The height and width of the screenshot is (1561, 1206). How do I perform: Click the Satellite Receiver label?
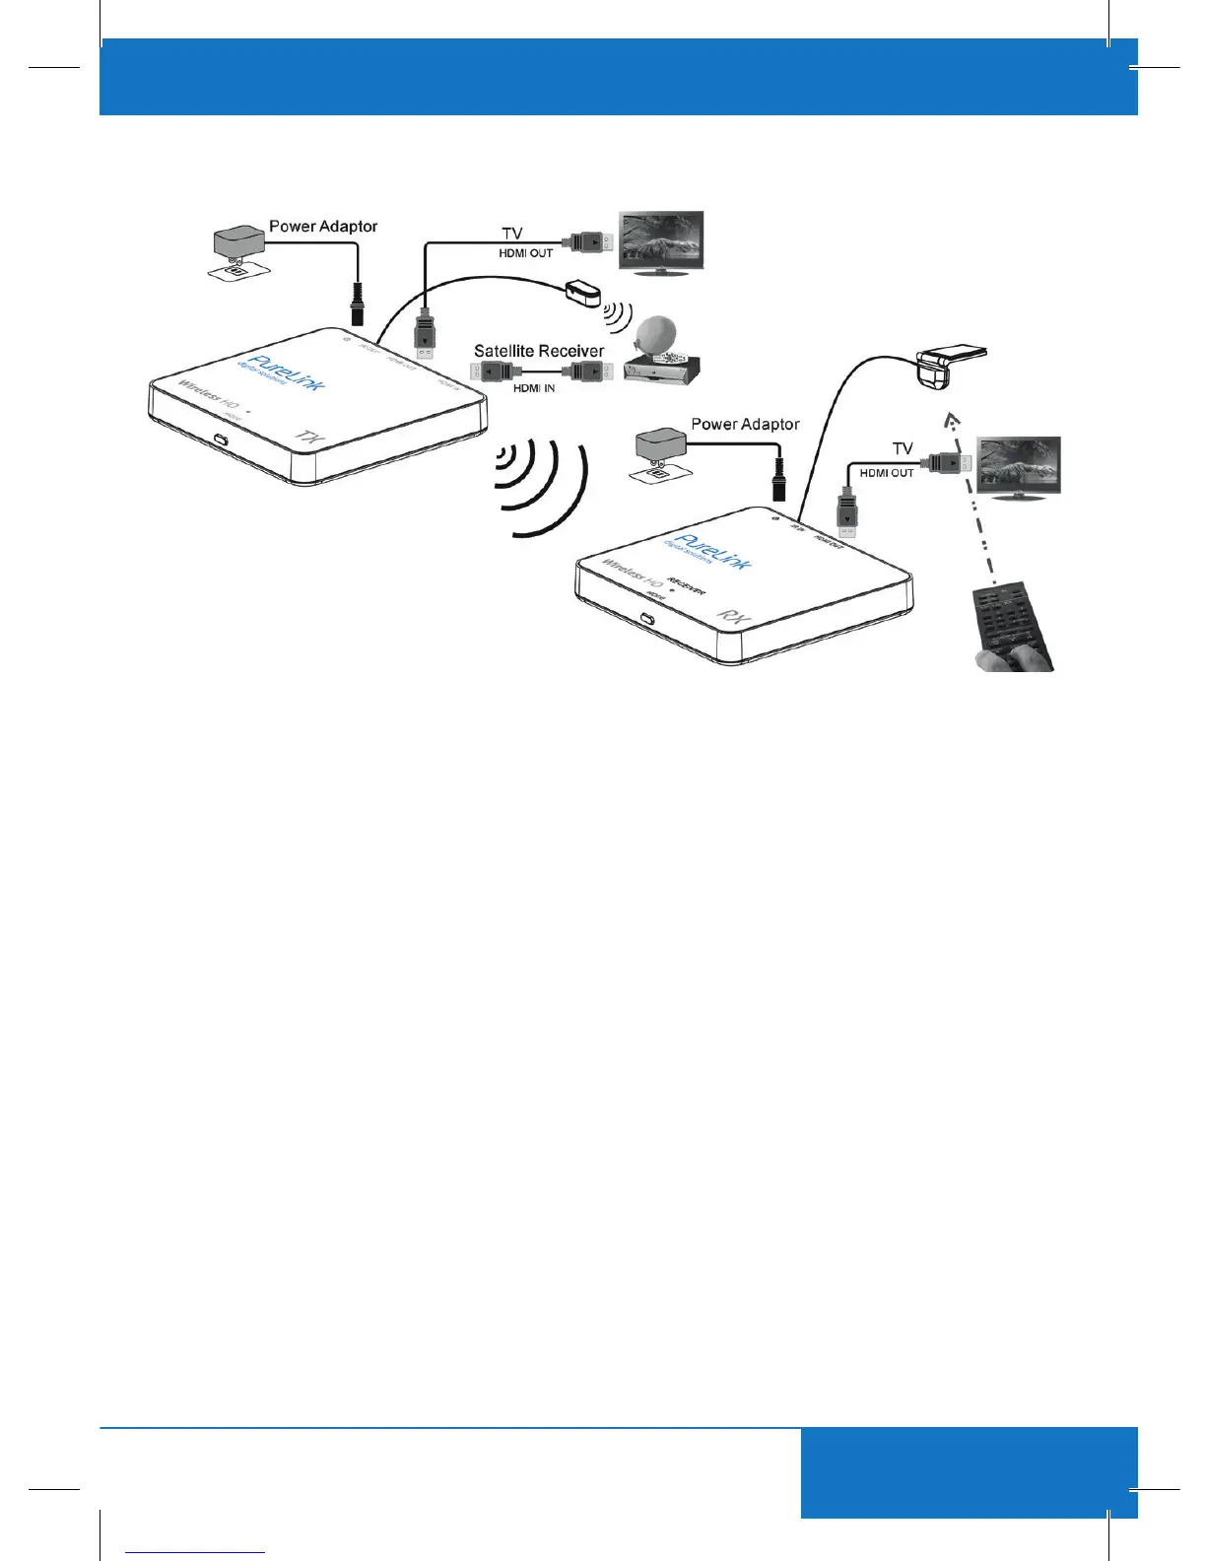(539, 351)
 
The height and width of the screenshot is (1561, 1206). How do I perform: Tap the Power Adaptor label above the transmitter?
(323, 227)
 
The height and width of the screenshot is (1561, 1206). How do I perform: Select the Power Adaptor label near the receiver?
(745, 425)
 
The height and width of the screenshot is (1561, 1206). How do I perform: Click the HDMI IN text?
(534, 388)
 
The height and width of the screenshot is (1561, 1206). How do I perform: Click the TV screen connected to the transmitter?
(661, 238)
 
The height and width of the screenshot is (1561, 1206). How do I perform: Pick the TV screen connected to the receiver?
(1018, 464)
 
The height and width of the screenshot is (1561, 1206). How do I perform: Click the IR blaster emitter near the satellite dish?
(584, 293)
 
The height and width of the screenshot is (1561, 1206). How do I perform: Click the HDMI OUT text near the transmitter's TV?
(526, 253)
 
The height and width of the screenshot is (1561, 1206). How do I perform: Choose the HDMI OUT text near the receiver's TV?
(887, 473)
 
